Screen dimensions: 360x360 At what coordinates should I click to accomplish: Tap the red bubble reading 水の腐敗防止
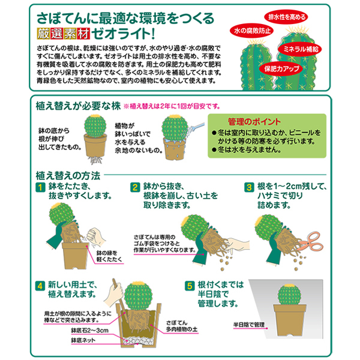tap(253, 31)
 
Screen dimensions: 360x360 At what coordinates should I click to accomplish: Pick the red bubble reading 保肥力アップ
tap(281, 68)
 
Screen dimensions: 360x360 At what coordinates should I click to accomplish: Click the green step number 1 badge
tap(40, 187)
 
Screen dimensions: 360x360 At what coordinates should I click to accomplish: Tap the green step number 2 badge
tap(135, 187)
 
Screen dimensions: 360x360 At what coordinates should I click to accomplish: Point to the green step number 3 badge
tap(249, 187)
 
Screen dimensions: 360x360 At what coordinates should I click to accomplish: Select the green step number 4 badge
tap(40, 286)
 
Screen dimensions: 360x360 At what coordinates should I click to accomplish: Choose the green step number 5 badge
tap(190, 286)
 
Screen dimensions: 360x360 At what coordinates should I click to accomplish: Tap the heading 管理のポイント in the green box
tap(254, 122)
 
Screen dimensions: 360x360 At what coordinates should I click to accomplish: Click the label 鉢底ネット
tap(83, 340)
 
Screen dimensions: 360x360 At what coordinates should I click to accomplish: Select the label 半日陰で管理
tap(249, 325)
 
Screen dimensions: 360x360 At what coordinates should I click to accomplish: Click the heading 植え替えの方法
tap(68, 176)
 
